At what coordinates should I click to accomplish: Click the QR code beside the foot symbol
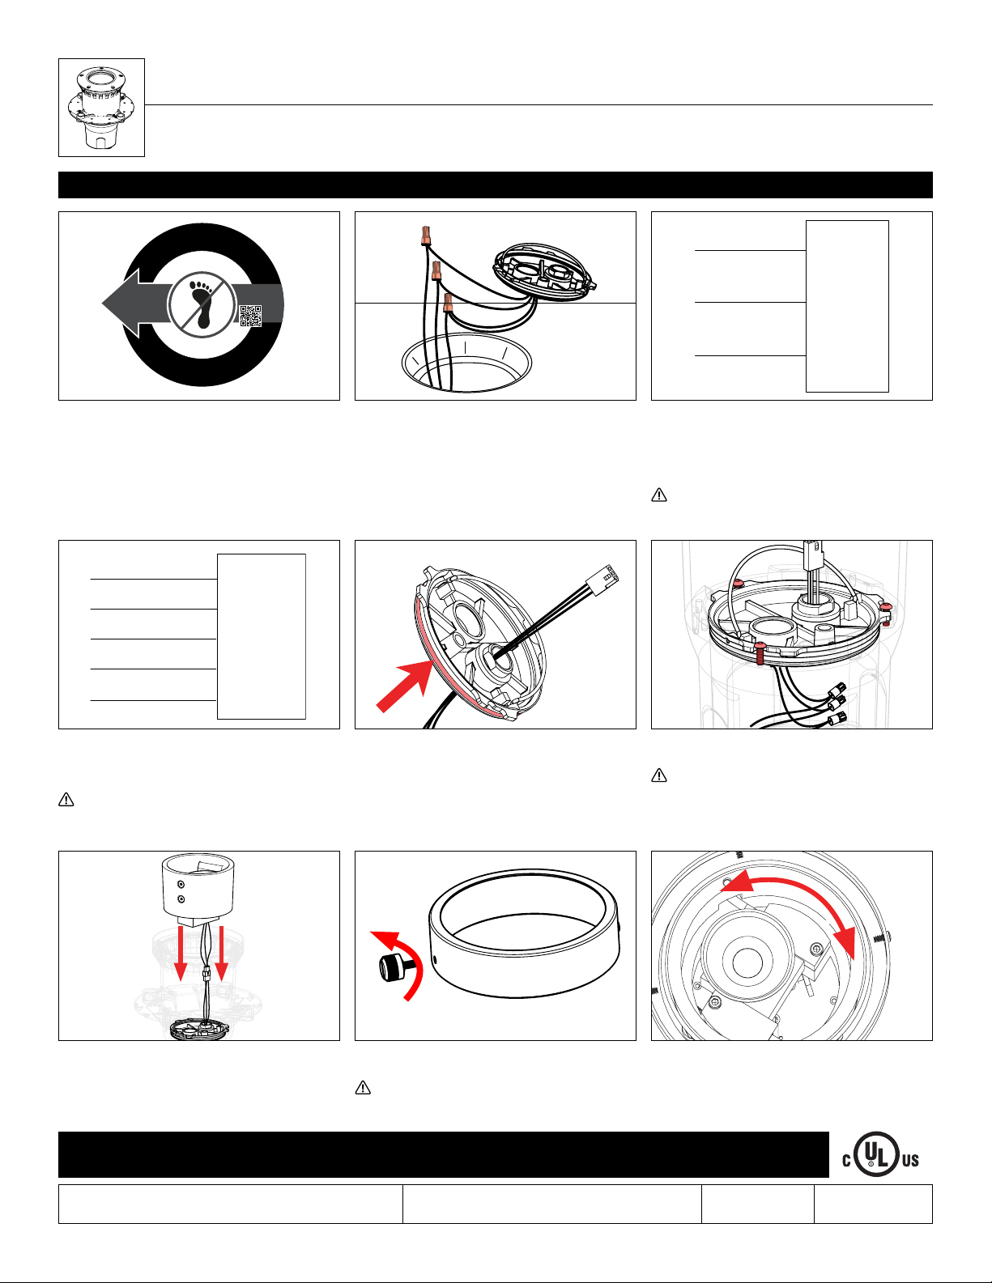coord(250,316)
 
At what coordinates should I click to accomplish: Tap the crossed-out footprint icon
coord(202,305)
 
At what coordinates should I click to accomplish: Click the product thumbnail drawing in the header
coord(101,108)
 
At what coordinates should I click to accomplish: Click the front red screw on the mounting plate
coord(760,649)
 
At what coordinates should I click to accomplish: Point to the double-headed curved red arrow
coord(794,899)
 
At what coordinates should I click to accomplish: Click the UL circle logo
coord(876,1154)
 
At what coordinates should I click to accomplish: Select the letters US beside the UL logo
coord(910,1161)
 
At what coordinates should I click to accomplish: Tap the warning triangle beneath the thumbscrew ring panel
coord(363,1088)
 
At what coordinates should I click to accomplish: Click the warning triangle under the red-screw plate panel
coord(659,775)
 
